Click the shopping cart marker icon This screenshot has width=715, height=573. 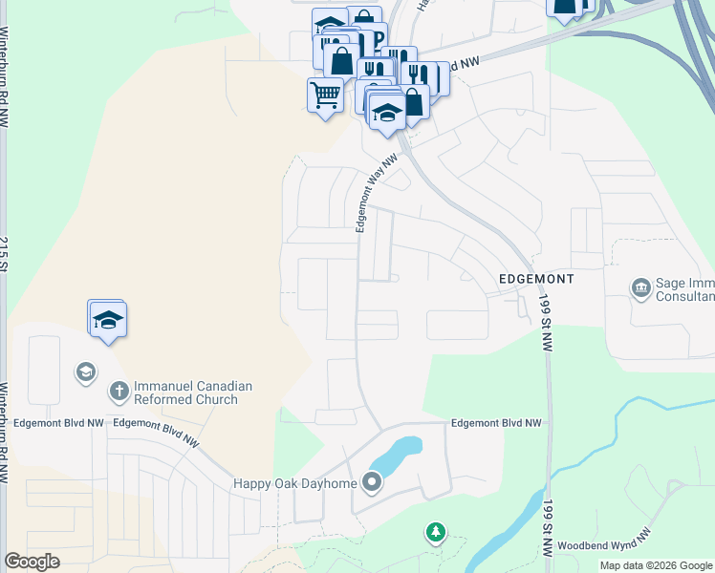click(x=325, y=95)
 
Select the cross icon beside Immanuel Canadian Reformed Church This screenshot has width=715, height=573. click(x=119, y=391)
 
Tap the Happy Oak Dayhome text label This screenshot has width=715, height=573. click(x=295, y=483)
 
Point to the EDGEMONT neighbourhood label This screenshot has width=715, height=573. click(x=536, y=279)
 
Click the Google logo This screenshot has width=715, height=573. click(x=32, y=562)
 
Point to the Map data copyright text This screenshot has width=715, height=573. click(x=656, y=565)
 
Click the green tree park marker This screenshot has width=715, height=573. click(x=436, y=531)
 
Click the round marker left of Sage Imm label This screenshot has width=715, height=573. click(x=640, y=286)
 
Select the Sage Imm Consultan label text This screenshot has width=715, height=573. click(x=684, y=290)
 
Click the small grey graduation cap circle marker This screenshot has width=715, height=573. click(x=85, y=371)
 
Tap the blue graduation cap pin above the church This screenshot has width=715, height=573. click(x=108, y=320)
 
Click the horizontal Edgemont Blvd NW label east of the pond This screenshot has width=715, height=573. click(x=496, y=422)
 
